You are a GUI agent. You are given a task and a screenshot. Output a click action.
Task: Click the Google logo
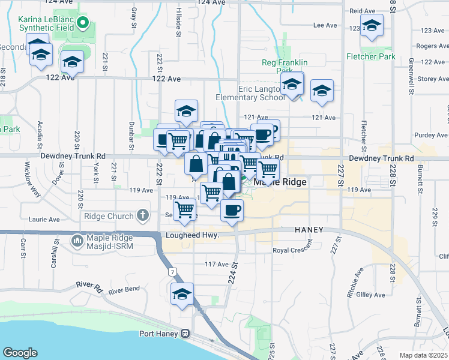(x=20, y=353)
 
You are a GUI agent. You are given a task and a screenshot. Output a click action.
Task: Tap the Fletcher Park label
(x=370, y=56)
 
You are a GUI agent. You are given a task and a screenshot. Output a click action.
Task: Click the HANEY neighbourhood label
(x=309, y=230)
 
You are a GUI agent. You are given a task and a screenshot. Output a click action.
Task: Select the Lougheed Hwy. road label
(x=191, y=236)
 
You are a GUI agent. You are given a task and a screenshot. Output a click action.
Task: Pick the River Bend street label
(x=124, y=289)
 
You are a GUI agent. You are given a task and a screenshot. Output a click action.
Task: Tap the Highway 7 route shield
(x=173, y=272)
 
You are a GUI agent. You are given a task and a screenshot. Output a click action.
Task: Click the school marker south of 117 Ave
(x=182, y=294)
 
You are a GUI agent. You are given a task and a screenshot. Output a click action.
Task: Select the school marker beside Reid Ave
(x=372, y=26)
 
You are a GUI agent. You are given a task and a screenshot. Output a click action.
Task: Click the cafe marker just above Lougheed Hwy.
(x=232, y=210)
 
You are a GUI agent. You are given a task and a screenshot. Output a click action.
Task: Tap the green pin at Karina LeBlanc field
(x=84, y=25)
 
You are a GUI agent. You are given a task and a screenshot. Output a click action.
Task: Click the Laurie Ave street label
(x=46, y=220)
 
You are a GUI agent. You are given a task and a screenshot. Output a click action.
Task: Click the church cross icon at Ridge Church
(x=142, y=214)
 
